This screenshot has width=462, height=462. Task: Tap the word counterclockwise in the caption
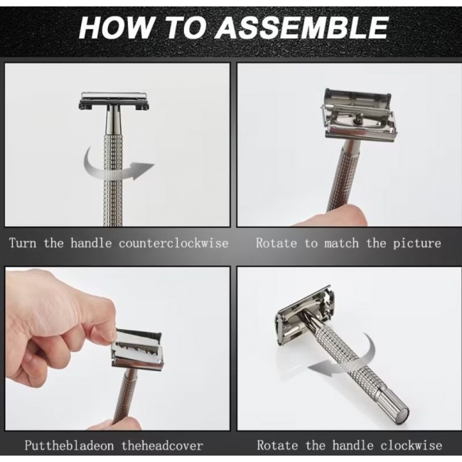(x=174, y=243)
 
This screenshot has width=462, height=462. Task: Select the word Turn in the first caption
(x=23, y=243)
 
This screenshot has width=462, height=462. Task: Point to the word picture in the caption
(x=417, y=243)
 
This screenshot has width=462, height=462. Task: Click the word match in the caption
(x=341, y=243)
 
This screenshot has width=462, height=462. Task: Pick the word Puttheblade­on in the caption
(x=69, y=445)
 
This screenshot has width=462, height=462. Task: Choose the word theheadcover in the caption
(x=162, y=445)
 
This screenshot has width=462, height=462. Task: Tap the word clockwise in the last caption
(x=411, y=445)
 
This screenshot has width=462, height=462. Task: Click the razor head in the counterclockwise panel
(x=114, y=101)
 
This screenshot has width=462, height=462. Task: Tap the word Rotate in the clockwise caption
(x=277, y=445)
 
